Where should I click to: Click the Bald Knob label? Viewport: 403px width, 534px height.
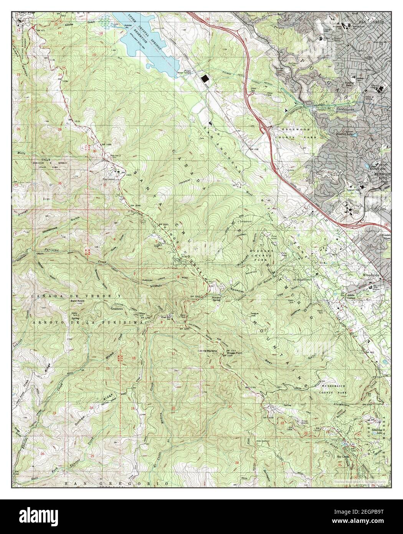[78, 301]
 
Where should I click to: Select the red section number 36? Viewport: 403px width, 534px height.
[60, 183]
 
